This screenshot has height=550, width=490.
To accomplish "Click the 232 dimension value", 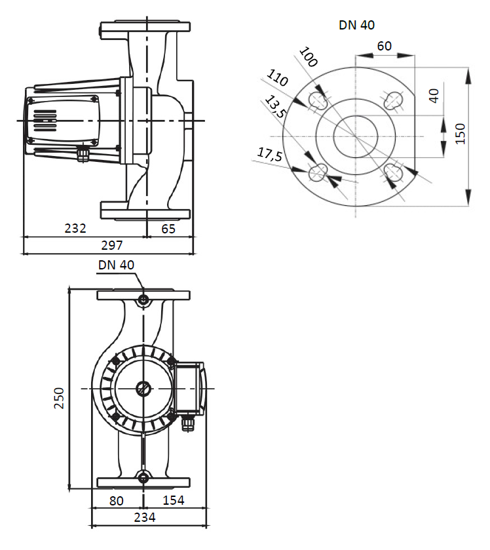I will [75, 229].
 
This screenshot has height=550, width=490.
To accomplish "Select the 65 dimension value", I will [168, 229].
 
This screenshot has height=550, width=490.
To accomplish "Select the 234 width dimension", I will [145, 517].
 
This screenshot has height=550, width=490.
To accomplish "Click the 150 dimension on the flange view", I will [461, 133].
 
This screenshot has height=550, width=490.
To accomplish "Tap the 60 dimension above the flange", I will [385, 46].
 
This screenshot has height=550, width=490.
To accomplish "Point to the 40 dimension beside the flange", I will [433, 95].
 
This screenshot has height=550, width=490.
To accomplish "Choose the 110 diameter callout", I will [278, 81].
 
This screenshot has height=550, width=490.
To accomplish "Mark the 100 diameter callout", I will [307, 58].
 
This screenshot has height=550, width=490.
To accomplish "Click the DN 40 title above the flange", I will [356, 26].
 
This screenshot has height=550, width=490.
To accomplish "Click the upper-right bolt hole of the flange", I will [394, 100].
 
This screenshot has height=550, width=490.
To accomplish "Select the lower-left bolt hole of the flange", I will [318, 172].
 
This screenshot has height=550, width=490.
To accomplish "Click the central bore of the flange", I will [356, 136].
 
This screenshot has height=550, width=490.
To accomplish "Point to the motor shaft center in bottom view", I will [143, 389].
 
